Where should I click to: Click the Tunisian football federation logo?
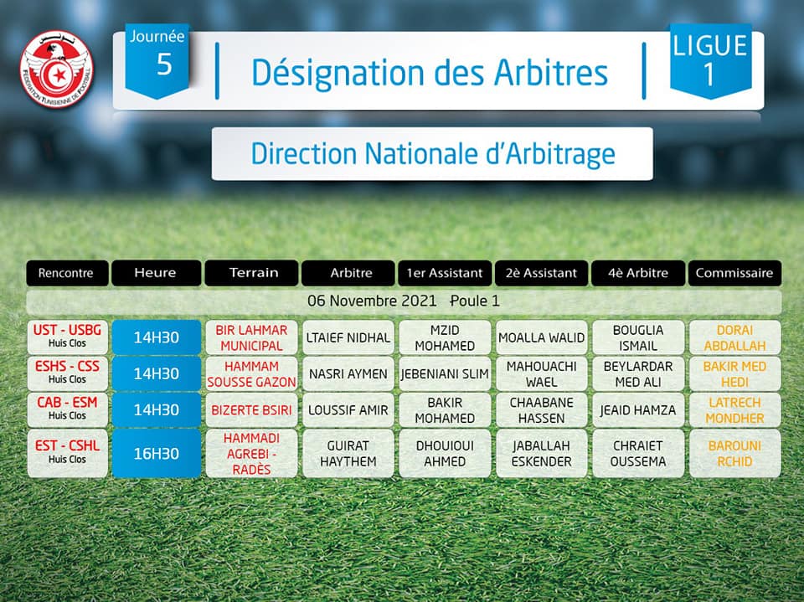[x=56, y=69]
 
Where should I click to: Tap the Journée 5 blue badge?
[x=157, y=60]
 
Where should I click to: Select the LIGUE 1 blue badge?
[x=710, y=60]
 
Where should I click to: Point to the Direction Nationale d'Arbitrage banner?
[x=432, y=154]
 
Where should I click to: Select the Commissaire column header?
[x=734, y=273]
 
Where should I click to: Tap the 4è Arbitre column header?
[x=638, y=273]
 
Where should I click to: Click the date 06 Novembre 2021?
[x=372, y=301]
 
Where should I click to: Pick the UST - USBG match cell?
[x=68, y=337]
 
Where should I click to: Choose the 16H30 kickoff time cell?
[x=157, y=453]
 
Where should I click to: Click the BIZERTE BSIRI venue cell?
[x=251, y=409]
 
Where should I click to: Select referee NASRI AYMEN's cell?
[x=348, y=373]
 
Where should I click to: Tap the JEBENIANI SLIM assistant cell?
[x=445, y=373]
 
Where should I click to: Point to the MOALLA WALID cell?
[x=542, y=337]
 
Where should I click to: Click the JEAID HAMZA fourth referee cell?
[x=638, y=409]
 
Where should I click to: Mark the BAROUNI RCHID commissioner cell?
[x=734, y=453]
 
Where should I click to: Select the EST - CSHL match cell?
[x=68, y=453]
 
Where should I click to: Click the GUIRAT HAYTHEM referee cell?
[x=348, y=453]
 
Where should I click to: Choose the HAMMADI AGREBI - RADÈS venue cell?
[x=251, y=453]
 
